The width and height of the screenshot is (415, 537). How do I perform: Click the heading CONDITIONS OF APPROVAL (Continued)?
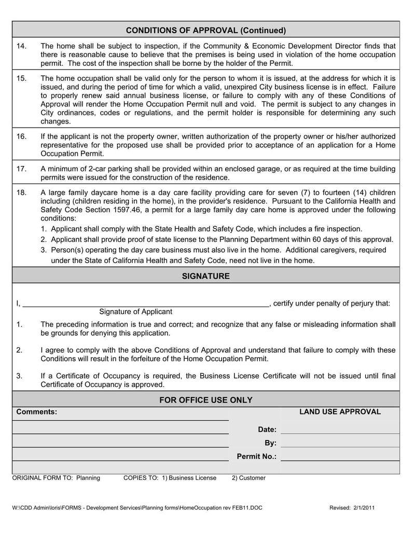pyautogui.click(x=205, y=31)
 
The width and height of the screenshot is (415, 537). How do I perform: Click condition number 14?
pyautogui.click(x=21, y=46)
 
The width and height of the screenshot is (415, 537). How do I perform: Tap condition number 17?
pyautogui.click(x=21, y=169)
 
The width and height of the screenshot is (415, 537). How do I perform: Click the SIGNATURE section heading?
pyautogui.click(x=205, y=276)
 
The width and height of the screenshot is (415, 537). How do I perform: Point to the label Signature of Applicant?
pyautogui.click(x=135, y=312)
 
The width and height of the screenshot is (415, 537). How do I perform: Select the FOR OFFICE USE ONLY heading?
pyautogui.click(x=205, y=400)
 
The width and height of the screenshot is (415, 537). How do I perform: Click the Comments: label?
pyautogui.click(x=37, y=412)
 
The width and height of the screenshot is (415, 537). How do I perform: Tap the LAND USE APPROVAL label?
pyautogui.click(x=340, y=412)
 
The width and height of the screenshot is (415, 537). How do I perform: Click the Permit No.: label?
pyautogui.click(x=256, y=457)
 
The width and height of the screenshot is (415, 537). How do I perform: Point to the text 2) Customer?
pyautogui.click(x=248, y=478)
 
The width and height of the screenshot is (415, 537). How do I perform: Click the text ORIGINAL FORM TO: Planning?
pyautogui.click(x=56, y=478)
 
